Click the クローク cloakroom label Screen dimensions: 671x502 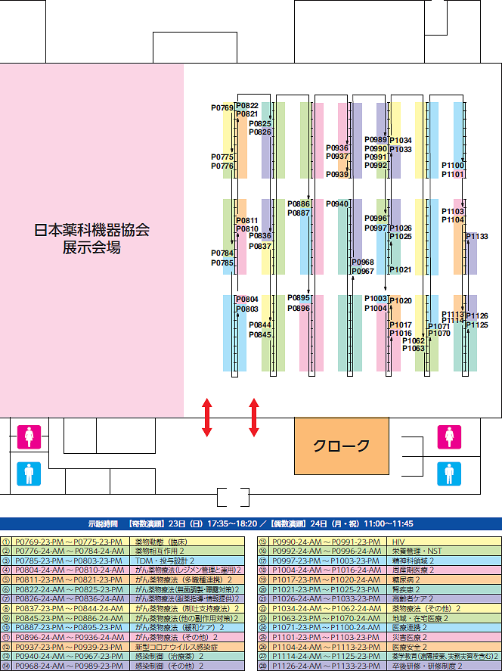click(342, 446)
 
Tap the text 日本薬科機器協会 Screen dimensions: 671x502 click(92, 230)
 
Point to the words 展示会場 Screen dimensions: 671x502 click(92, 247)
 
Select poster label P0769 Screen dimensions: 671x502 click(222, 109)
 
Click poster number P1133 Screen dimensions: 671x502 click(477, 237)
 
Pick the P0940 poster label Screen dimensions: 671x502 click(337, 204)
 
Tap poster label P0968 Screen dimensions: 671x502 click(363, 262)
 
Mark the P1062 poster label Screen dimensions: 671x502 click(414, 340)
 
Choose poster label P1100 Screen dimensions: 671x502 click(453, 165)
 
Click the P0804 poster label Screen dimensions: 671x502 click(247, 300)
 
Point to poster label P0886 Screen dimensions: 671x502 click(299, 204)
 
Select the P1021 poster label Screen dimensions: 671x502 click(401, 270)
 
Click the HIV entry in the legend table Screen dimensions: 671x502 click(398, 542)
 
